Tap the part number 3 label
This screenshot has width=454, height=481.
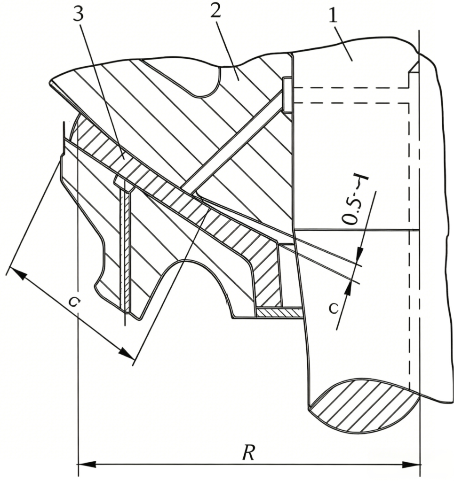78,12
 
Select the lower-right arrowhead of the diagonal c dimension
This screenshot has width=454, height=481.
127,353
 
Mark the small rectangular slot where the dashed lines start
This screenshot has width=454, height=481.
287,94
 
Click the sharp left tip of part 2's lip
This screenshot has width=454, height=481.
49,82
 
